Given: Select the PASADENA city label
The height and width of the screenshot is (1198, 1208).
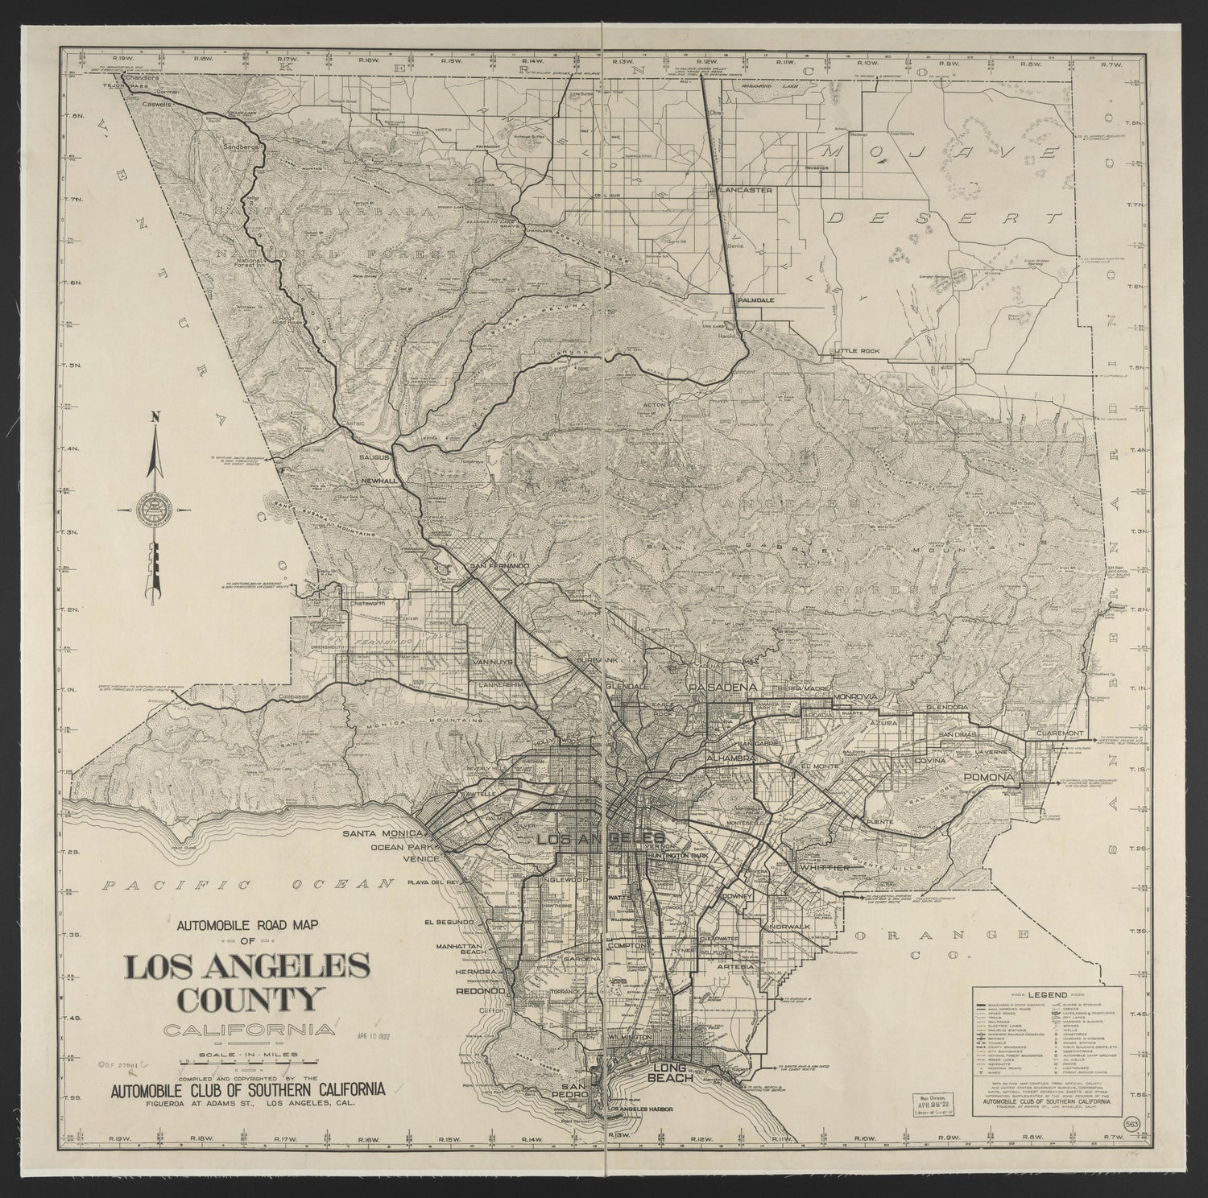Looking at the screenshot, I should point(722,688).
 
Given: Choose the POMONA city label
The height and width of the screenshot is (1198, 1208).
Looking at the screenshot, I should point(986,778).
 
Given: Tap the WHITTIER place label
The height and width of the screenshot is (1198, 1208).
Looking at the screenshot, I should point(825,867).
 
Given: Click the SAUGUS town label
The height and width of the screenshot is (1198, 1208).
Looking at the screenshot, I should point(374,457).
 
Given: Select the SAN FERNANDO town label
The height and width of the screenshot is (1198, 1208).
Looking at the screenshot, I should point(499,566).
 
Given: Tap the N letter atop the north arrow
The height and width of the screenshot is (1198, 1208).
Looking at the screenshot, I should point(157,416).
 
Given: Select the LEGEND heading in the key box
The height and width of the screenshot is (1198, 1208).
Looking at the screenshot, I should point(1046,996).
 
